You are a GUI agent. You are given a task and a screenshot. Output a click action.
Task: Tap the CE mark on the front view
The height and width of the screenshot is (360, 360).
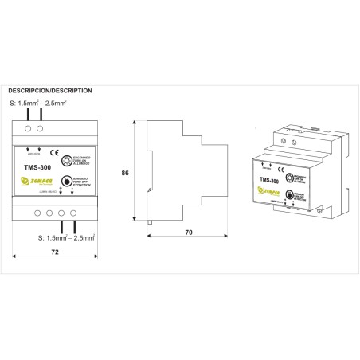coord(54,151)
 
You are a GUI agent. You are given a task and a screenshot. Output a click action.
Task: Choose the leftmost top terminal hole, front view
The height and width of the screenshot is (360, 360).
coord(29,127)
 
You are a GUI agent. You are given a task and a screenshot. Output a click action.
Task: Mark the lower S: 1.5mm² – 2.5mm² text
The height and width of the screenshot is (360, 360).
coord(67,237)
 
